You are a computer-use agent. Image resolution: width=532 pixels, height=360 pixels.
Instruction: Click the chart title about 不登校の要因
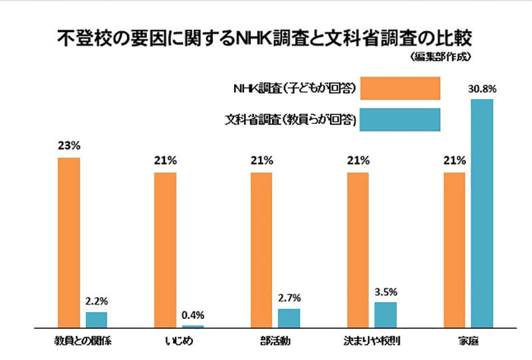tap(266, 37)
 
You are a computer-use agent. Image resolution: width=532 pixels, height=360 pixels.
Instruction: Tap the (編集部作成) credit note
tap(440, 58)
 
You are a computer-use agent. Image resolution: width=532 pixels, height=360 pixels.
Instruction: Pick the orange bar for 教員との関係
tap(68, 243)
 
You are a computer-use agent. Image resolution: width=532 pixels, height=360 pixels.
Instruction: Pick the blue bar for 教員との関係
tap(96, 320)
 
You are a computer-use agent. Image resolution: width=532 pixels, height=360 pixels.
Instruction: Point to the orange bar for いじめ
tap(165, 250)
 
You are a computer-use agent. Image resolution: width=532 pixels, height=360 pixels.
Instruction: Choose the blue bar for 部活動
tap(289, 318)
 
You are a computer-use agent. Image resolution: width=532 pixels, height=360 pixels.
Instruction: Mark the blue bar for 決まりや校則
tap(385, 315)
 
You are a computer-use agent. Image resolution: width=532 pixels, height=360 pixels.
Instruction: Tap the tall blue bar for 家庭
tap(481, 214)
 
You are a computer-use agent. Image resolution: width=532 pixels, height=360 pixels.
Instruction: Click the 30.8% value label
tap(483, 89)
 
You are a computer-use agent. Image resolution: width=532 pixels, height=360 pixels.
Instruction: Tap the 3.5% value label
tap(386, 291)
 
